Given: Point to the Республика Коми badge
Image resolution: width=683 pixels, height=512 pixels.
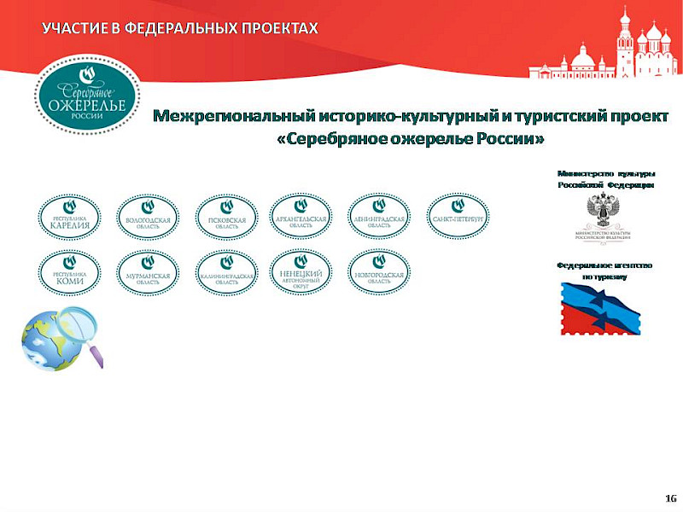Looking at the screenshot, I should pos(69,273).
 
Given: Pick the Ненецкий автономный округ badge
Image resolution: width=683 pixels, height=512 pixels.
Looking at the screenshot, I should pos(301,273).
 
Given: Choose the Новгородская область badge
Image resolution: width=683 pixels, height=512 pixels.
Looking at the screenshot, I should pos(379,273).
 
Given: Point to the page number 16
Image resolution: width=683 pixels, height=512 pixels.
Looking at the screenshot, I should pos(670,497).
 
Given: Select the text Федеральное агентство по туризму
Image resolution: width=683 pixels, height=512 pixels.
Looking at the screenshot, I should pos(604,271).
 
